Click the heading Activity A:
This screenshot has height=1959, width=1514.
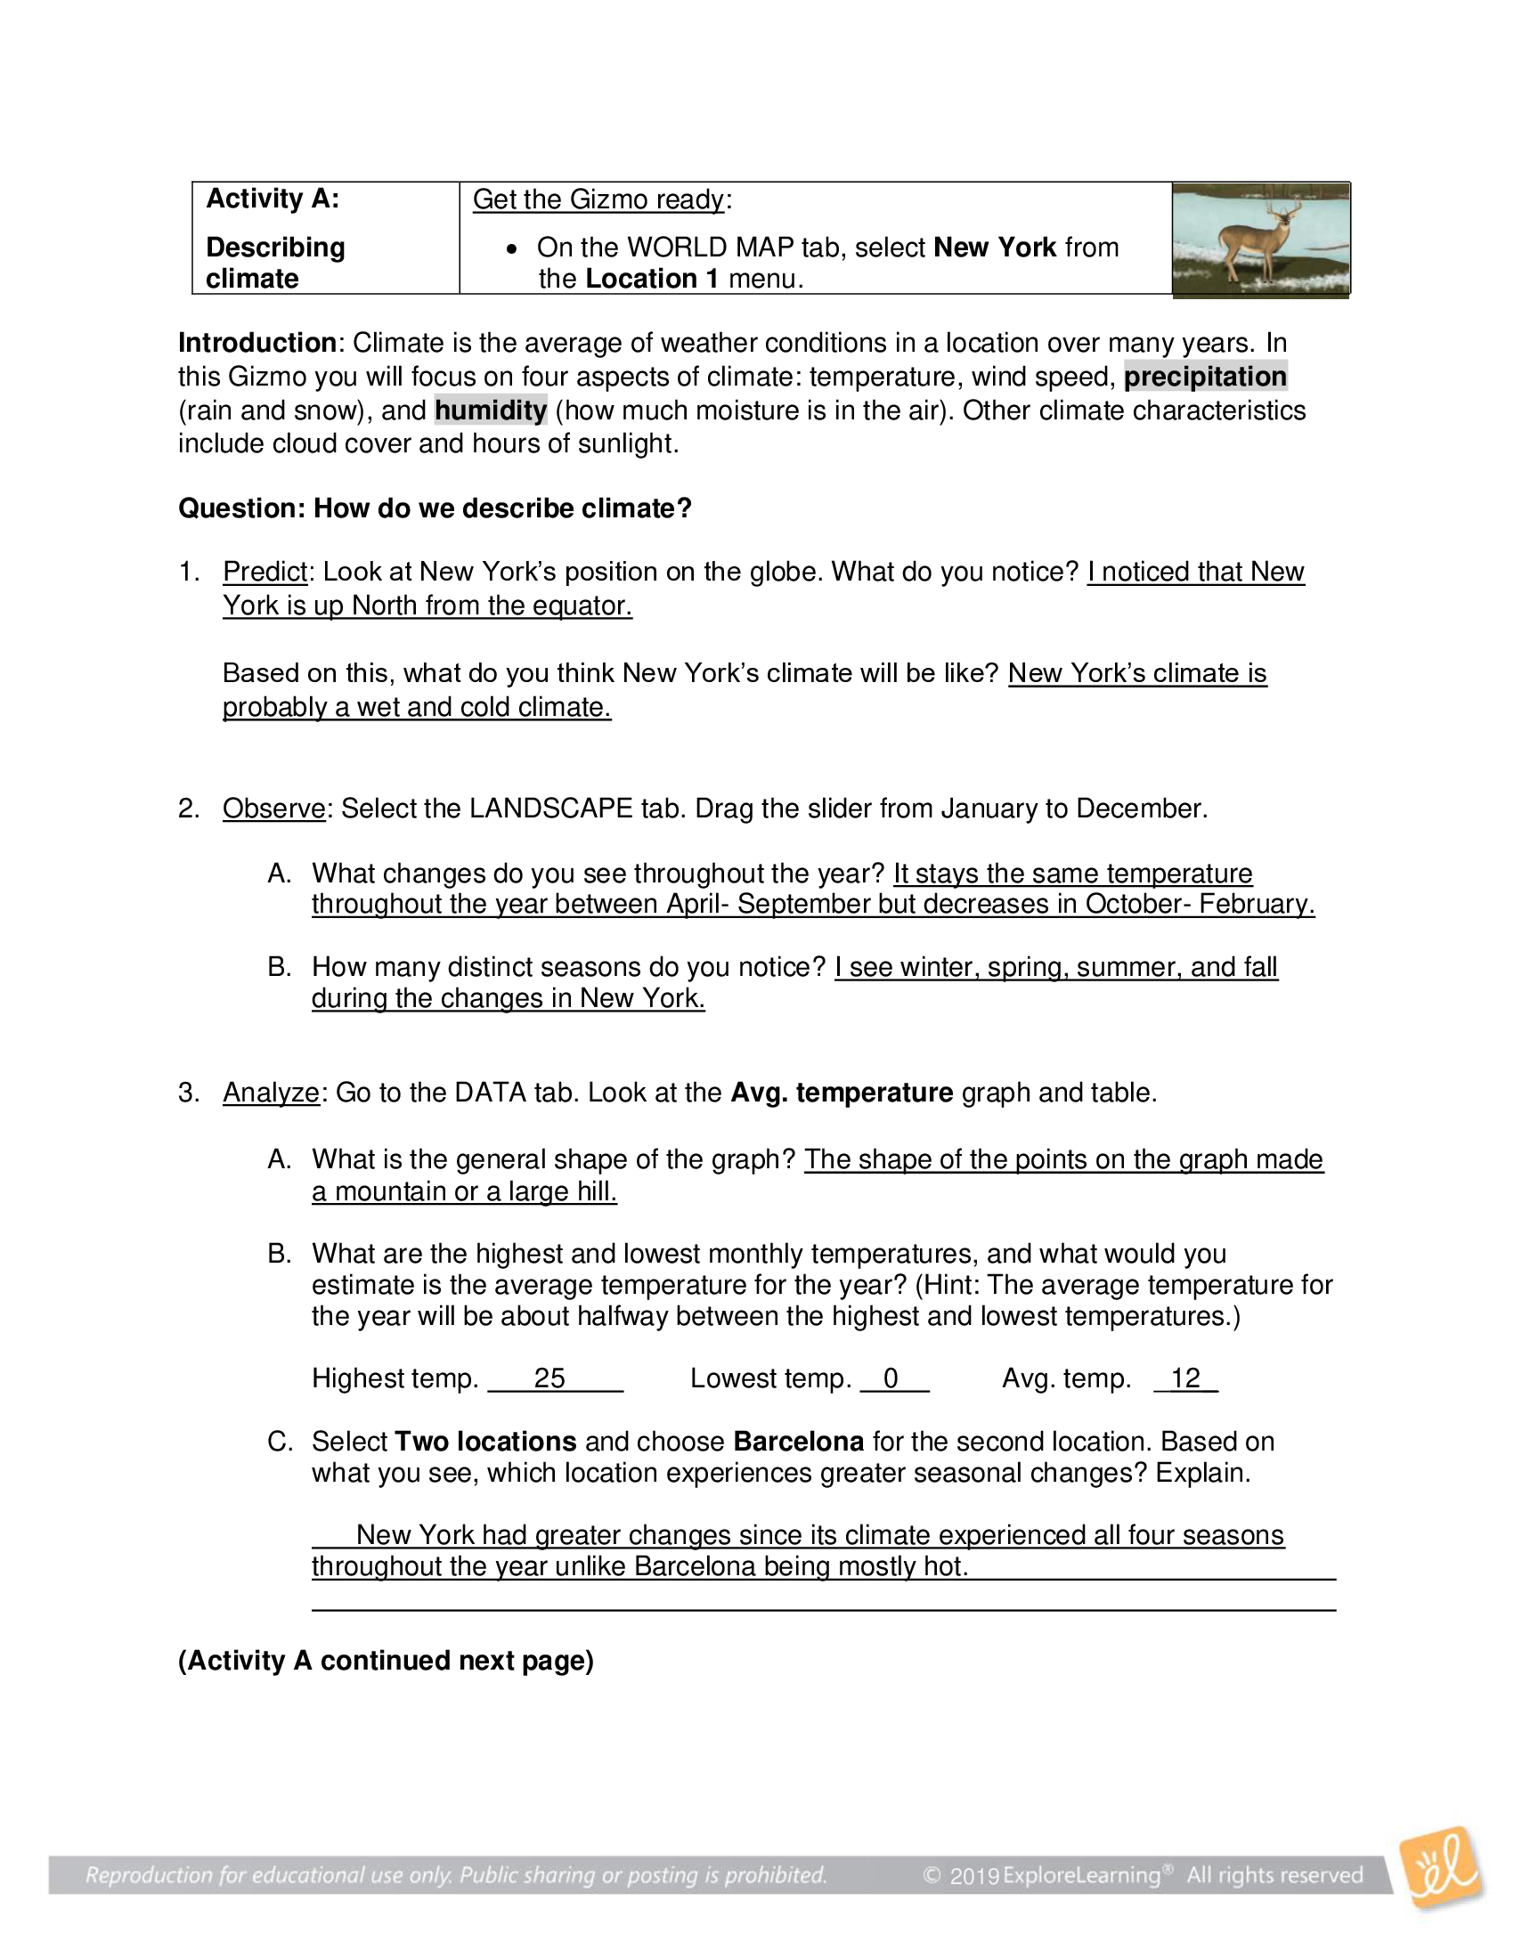pos(273,199)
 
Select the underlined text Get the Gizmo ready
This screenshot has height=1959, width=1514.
pos(598,199)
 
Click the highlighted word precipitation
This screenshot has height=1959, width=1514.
pos(1205,376)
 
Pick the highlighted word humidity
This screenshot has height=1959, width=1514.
pos(491,410)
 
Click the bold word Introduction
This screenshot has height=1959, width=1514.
pos(256,343)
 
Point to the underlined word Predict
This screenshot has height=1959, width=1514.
pos(265,572)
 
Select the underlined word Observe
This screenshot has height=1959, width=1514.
pos(273,809)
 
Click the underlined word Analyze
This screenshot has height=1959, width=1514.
pos(271,1093)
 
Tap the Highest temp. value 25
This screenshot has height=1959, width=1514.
pos(549,1378)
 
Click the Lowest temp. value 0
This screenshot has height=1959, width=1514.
pos(891,1378)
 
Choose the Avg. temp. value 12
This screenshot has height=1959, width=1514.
pos(1184,1378)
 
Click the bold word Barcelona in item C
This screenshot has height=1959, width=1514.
pos(798,1442)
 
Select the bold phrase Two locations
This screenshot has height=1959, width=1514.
pos(485,1442)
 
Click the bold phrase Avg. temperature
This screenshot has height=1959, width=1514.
pos(842,1093)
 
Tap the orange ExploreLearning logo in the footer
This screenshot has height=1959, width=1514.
pos(1441,1868)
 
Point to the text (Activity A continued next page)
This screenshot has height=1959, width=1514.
pos(386,1661)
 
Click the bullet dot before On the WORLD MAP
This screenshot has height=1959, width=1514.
pos(511,248)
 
